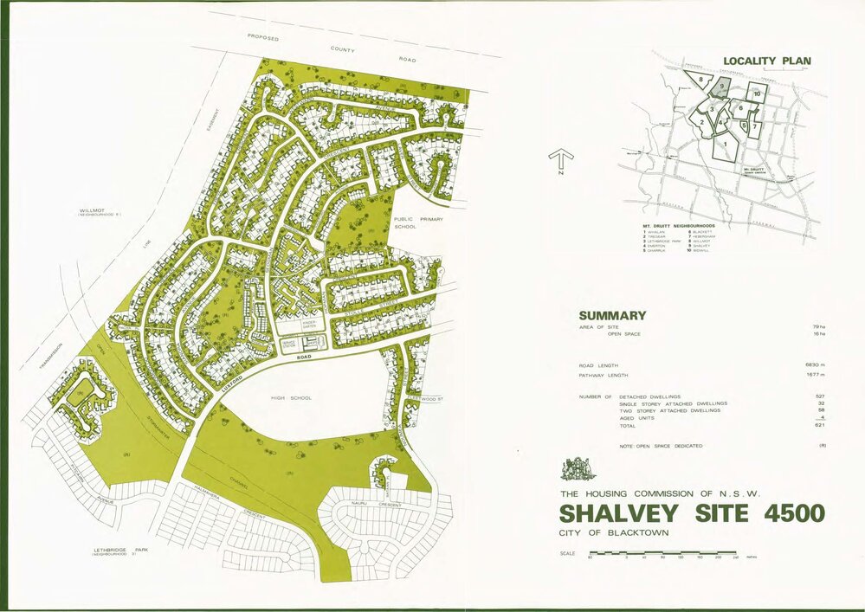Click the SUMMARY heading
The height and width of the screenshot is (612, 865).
[x=612, y=315]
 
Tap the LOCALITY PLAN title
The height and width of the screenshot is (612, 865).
[x=766, y=61]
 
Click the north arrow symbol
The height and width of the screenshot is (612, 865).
[x=561, y=160]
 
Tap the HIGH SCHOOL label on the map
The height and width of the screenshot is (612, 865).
[x=290, y=398]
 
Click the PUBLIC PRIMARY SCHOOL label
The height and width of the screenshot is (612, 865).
[x=418, y=227]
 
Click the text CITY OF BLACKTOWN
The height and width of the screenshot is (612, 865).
[x=615, y=532]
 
